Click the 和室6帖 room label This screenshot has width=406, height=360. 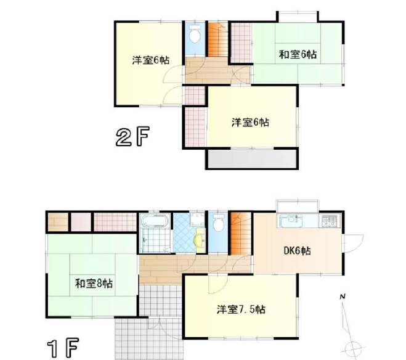point(298,55)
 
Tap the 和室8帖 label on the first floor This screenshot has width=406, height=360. point(94,284)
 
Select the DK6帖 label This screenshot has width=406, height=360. point(297,251)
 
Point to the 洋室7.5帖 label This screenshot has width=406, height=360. point(241,309)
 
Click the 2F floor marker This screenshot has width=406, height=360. point(132,136)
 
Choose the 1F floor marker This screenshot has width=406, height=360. point(63,348)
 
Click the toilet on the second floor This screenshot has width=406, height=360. point(195,35)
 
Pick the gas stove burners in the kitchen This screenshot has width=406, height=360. point(330,221)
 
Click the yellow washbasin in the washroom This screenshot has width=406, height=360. point(200,240)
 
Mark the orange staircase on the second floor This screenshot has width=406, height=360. point(217,39)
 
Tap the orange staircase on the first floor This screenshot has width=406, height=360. point(241,233)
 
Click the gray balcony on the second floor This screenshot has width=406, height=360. point(253,158)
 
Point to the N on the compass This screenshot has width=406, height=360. point(343,297)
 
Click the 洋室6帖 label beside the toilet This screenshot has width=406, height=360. point(151,60)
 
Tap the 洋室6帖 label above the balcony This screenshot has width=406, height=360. point(250,122)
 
